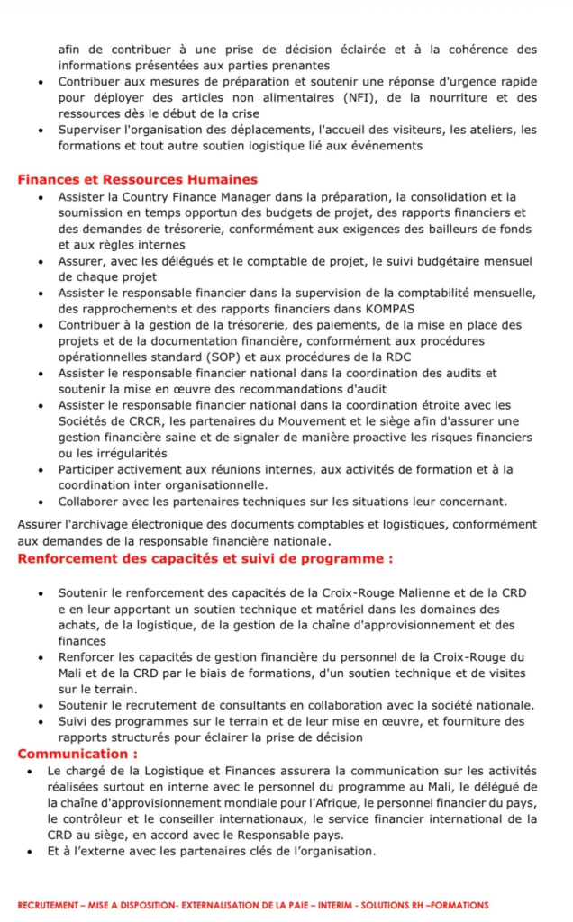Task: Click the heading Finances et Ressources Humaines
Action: pyautogui.click(x=137, y=180)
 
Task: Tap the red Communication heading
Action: pyautogui.click(x=77, y=754)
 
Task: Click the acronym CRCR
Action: pyautogui.click(x=137, y=420)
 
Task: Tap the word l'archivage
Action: pyautogui.click(x=93, y=524)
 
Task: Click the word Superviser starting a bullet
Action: pyautogui.click(x=89, y=130)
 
